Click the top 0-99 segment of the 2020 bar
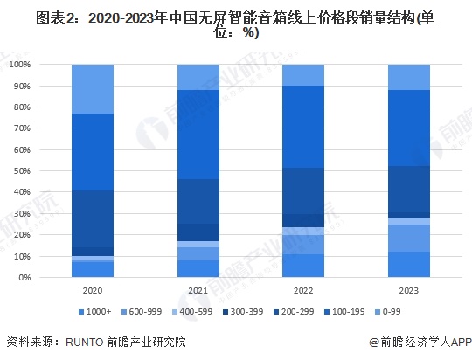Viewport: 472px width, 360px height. click(x=93, y=89)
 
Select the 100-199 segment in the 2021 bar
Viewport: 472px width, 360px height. click(x=198, y=135)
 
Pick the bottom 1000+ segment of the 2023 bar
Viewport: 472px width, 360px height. click(x=408, y=265)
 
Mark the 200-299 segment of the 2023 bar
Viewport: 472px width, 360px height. click(x=408, y=189)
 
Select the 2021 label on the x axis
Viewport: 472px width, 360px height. click(x=198, y=290)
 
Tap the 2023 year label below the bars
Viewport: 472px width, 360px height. click(x=408, y=290)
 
